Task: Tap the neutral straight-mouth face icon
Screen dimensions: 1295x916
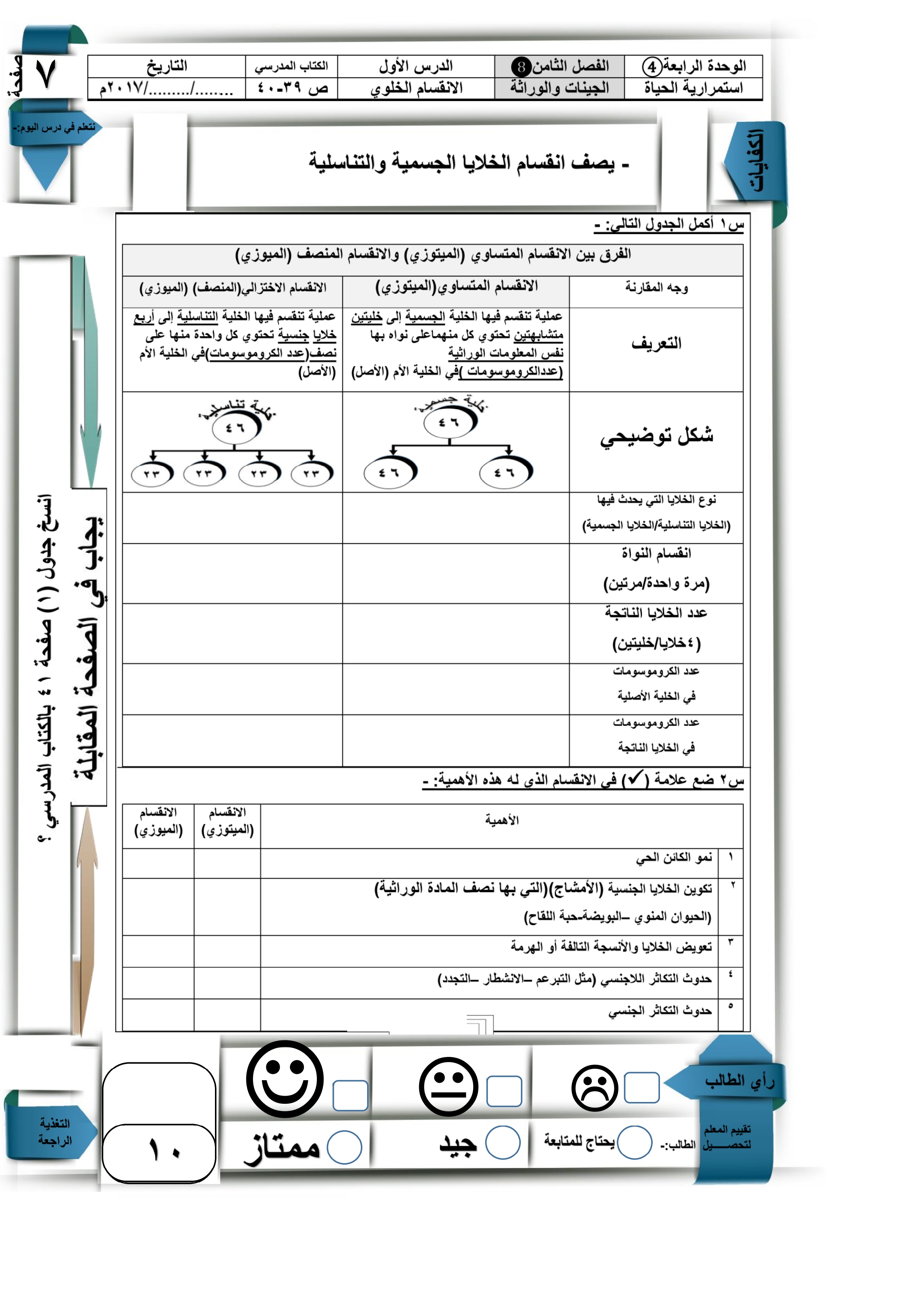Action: pos(449,1086)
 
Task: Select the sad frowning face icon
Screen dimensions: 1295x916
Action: pos(594,1088)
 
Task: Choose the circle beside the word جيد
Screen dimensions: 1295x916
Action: pos(502,1143)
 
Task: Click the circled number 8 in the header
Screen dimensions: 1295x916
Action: pos(521,66)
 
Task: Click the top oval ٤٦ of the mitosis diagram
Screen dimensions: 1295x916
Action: pos(449,422)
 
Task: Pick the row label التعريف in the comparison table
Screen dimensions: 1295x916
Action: pos(656,343)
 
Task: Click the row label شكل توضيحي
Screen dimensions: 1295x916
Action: pos(656,436)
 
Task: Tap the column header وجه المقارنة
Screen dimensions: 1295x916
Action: pos(656,288)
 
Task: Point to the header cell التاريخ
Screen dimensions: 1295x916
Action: pos(167,66)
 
